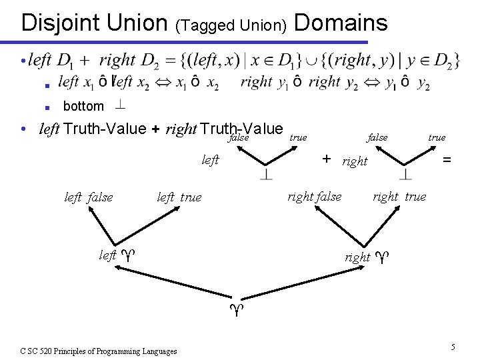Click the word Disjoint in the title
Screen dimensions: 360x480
(61, 23)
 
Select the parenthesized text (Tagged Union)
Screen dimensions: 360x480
(231, 26)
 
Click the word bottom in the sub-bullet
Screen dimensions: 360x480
(83, 106)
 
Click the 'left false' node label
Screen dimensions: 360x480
(89, 197)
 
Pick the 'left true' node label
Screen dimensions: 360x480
(179, 197)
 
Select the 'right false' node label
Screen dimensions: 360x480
(314, 197)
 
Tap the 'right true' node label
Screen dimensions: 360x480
(399, 197)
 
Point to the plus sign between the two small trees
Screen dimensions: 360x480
(327, 159)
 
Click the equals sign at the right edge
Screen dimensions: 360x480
(447, 160)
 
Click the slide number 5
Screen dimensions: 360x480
(453, 347)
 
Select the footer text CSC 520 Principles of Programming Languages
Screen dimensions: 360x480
(98, 351)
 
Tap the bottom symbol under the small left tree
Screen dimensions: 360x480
(266, 175)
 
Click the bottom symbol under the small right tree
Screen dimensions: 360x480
(406, 175)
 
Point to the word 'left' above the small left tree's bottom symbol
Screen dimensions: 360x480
(210, 160)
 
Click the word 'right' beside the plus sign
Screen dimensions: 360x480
(355, 161)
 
